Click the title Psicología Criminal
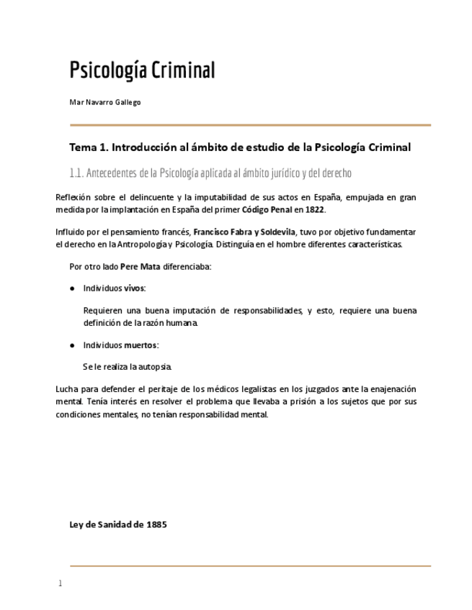pyautogui.click(x=142, y=70)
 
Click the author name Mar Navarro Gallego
pyautogui.click(x=104, y=102)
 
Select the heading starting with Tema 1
pyautogui.click(x=239, y=147)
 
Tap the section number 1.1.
pyautogui.click(x=76, y=173)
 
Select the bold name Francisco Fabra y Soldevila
pyautogui.click(x=244, y=232)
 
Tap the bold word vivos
pyautogui.click(x=134, y=288)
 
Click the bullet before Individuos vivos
pyautogui.click(x=73, y=288)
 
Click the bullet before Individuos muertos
pyautogui.click(x=73, y=345)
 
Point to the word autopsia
pyautogui.click(x=155, y=367)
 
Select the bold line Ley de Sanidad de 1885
pyautogui.click(x=117, y=524)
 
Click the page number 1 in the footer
pyautogui.click(x=61, y=583)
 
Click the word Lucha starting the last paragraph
pyautogui.click(x=67, y=389)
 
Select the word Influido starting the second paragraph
pyautogui.click(x=71, y=232)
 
